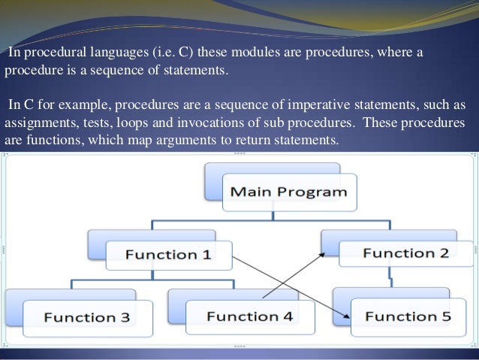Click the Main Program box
pyautogui.click(x=288, y=192)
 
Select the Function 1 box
pyautogui.click(x=167, y=255)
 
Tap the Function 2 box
pyautogui.click(x=405, y=253)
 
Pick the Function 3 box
pyautogui.click(x=86, y=316)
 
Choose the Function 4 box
pyautogui.click(x=249, y=316)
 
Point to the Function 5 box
pyautogui.click(x=409, y=316)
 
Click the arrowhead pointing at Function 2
pyautogui.click(x=322, y=256)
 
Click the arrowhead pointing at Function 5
pyautogui.click(x=347, y=317)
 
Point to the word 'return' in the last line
pyautogui.click(x=247, y=141)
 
